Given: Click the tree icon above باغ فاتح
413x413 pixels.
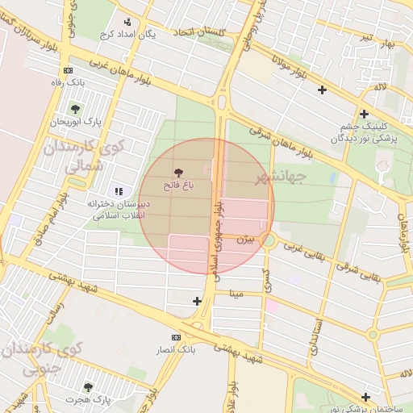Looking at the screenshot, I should [178, 173].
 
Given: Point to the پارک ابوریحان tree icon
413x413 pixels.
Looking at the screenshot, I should [75, 109].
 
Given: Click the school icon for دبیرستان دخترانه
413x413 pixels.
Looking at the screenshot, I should [119, 191].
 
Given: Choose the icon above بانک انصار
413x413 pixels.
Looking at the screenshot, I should [176, 336].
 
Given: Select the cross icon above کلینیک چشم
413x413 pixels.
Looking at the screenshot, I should [364, 114].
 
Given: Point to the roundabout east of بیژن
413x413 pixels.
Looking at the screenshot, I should [268, 240].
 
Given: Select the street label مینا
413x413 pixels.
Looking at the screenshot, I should [236, 295].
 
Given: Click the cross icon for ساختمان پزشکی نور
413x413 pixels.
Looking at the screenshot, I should [366, 397].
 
